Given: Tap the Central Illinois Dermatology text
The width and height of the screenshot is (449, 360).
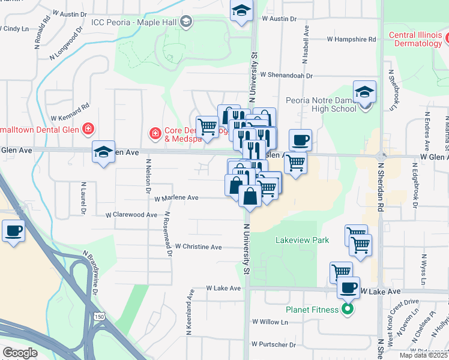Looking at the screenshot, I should pos(419,39).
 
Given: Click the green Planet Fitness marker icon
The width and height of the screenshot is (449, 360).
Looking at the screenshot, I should pos(347,310).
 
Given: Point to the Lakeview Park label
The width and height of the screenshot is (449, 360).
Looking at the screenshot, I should pos(302,240).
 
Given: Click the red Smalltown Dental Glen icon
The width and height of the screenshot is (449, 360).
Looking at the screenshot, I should pos(88,128).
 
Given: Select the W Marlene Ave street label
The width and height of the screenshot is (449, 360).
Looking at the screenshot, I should pos(176,197).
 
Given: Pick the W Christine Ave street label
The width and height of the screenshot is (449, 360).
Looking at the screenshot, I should pos(198,247).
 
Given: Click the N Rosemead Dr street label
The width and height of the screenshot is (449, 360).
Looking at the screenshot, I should pos(167,235).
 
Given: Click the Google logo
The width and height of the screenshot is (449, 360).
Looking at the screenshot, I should pos(20,353).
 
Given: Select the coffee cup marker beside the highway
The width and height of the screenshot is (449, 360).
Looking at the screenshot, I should pos(13,230).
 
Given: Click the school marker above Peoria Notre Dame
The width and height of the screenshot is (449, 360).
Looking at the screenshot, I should pos(364,92).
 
